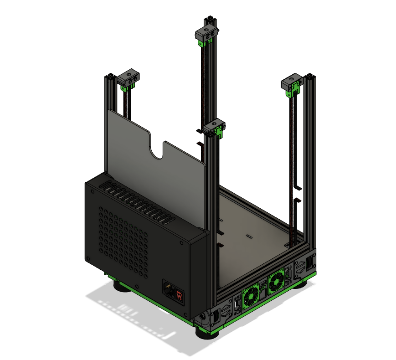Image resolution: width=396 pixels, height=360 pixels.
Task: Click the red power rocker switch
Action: [179, 296]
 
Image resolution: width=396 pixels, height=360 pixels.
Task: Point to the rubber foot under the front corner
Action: [207, 333]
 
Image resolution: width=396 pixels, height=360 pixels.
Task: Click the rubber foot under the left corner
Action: [121, 286]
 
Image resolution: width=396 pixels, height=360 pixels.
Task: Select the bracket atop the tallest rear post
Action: [208, 34]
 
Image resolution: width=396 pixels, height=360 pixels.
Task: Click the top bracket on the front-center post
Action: [215, 127]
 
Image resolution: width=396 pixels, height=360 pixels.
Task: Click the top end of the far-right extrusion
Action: [310, 75]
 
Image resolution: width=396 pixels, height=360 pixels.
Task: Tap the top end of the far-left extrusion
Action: [110, 76]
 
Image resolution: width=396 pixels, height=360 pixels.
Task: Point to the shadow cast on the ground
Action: [137, 319]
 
